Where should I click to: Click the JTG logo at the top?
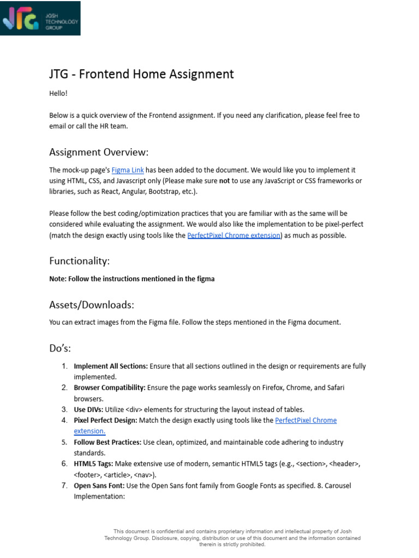[x=40, y=19]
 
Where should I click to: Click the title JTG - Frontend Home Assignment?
[x=141, y=74]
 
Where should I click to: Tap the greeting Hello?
[x=58, y=93]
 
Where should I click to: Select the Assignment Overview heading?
[x=99, y=151]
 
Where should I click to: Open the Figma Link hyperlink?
[x=128, y=170]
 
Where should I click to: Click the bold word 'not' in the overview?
[x=224, y=180]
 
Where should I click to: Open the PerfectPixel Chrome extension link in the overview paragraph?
[x=234, y=235]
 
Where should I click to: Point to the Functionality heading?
[x=79, y=261]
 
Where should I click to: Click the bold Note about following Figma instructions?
[x=131, y=278]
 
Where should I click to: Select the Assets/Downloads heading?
[x=92, y=305]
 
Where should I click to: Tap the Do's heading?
[x=60, y=348]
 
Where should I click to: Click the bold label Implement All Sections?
[x=111, y=366]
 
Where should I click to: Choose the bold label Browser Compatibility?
[x=110, y=387]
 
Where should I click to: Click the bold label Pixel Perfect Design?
[x=106, y=420]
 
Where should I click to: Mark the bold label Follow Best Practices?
[x=108, y=442]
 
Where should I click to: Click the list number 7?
[x=64, y=486]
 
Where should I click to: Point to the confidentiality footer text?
[x=232, y=537]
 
